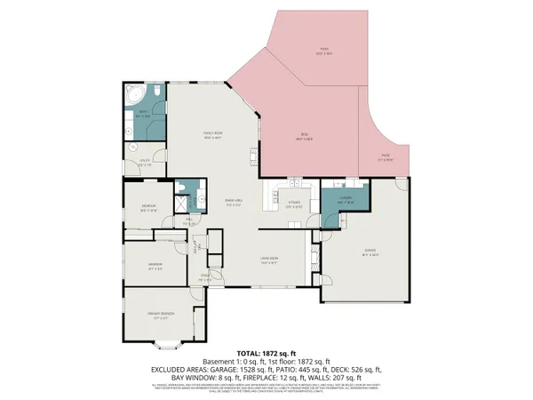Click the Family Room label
coord(211,135)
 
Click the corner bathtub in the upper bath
coord(136,95)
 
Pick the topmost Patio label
coord(325,51)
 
